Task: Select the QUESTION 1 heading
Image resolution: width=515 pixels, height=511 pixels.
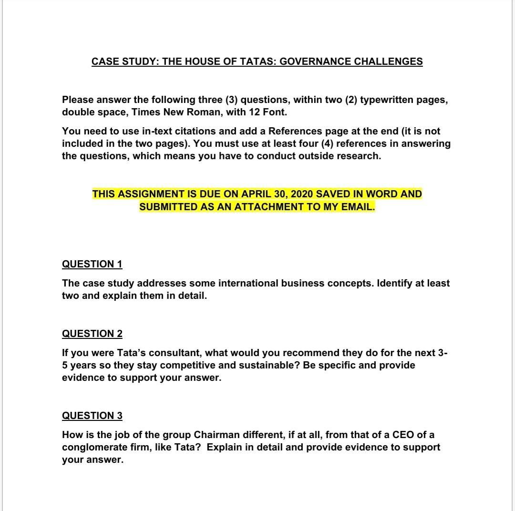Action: (x=92, y=264)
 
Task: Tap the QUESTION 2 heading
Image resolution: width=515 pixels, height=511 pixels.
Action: (x=92, y=334)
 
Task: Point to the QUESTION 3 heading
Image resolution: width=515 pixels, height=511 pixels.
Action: (x=92, y=416)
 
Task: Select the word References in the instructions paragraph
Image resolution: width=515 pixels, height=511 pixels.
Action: (x=295, y=131)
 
